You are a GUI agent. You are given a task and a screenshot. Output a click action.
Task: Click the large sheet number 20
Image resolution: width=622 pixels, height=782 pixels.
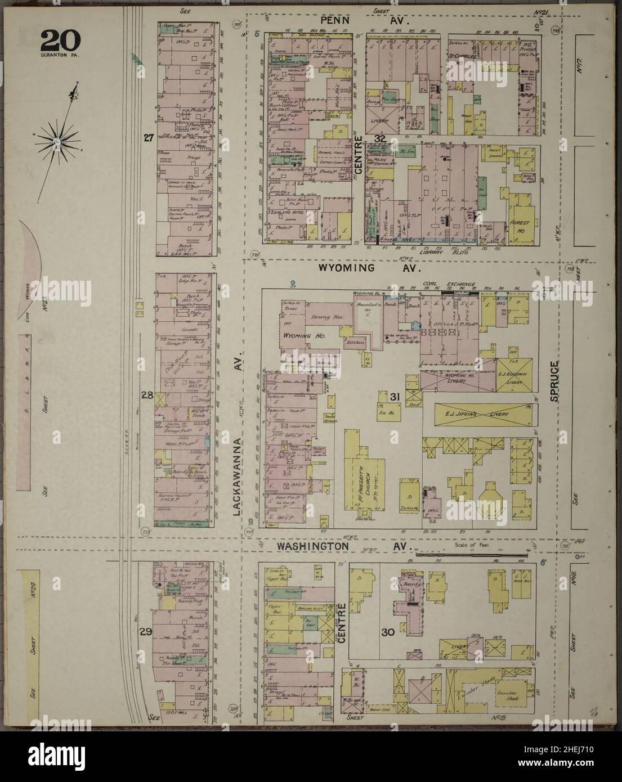(x=60, y=41)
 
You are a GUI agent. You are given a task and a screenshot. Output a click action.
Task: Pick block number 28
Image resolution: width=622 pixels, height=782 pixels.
(x=147, y=396)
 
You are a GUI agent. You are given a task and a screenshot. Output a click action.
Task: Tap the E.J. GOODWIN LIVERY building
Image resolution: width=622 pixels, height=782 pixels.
(x=512, y=377)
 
